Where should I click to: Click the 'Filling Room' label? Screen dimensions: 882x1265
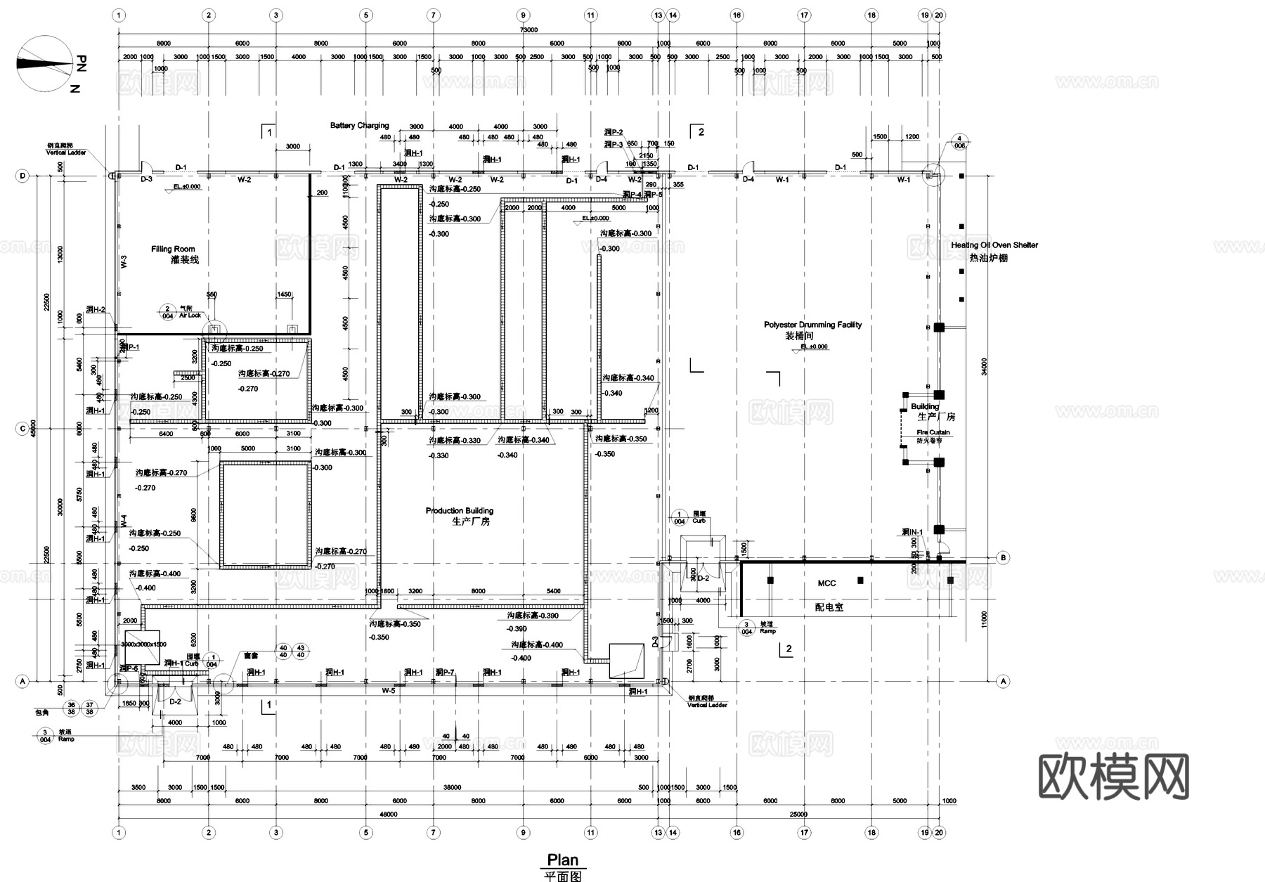(x=173, y=249)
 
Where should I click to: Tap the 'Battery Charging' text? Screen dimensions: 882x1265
(x=359, y=126)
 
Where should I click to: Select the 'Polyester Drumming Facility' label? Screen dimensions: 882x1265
(x=812, y=325)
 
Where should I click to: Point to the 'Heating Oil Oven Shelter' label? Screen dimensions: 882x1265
(x=994, y=245)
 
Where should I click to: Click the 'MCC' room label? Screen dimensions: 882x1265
(x=826, y=583)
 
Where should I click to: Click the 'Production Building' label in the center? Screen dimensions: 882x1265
(x=459, y=511)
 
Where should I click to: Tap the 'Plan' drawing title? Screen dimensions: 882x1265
(x=562, y=860)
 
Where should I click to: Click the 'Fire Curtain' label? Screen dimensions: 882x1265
(x=933, y=432)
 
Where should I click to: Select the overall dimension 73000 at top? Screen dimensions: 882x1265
(x=528, y=30)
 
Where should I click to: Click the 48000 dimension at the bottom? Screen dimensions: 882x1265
(x=388, y=815)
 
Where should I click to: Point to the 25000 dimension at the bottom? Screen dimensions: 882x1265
(x=798, y=815)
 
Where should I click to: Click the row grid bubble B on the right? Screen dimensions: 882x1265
(x=1003, y=557)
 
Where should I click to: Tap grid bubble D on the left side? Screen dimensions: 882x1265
(x=22, y=176)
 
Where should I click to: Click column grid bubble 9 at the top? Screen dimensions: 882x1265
(x=523, y=15)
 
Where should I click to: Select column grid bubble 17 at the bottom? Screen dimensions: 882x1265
(x=804, y=833)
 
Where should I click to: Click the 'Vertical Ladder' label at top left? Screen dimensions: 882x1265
(x=66, y=153)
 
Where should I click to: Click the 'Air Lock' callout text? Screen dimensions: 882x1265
(x=190, y=316)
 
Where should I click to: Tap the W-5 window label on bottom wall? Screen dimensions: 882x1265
(x=388, y=691)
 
